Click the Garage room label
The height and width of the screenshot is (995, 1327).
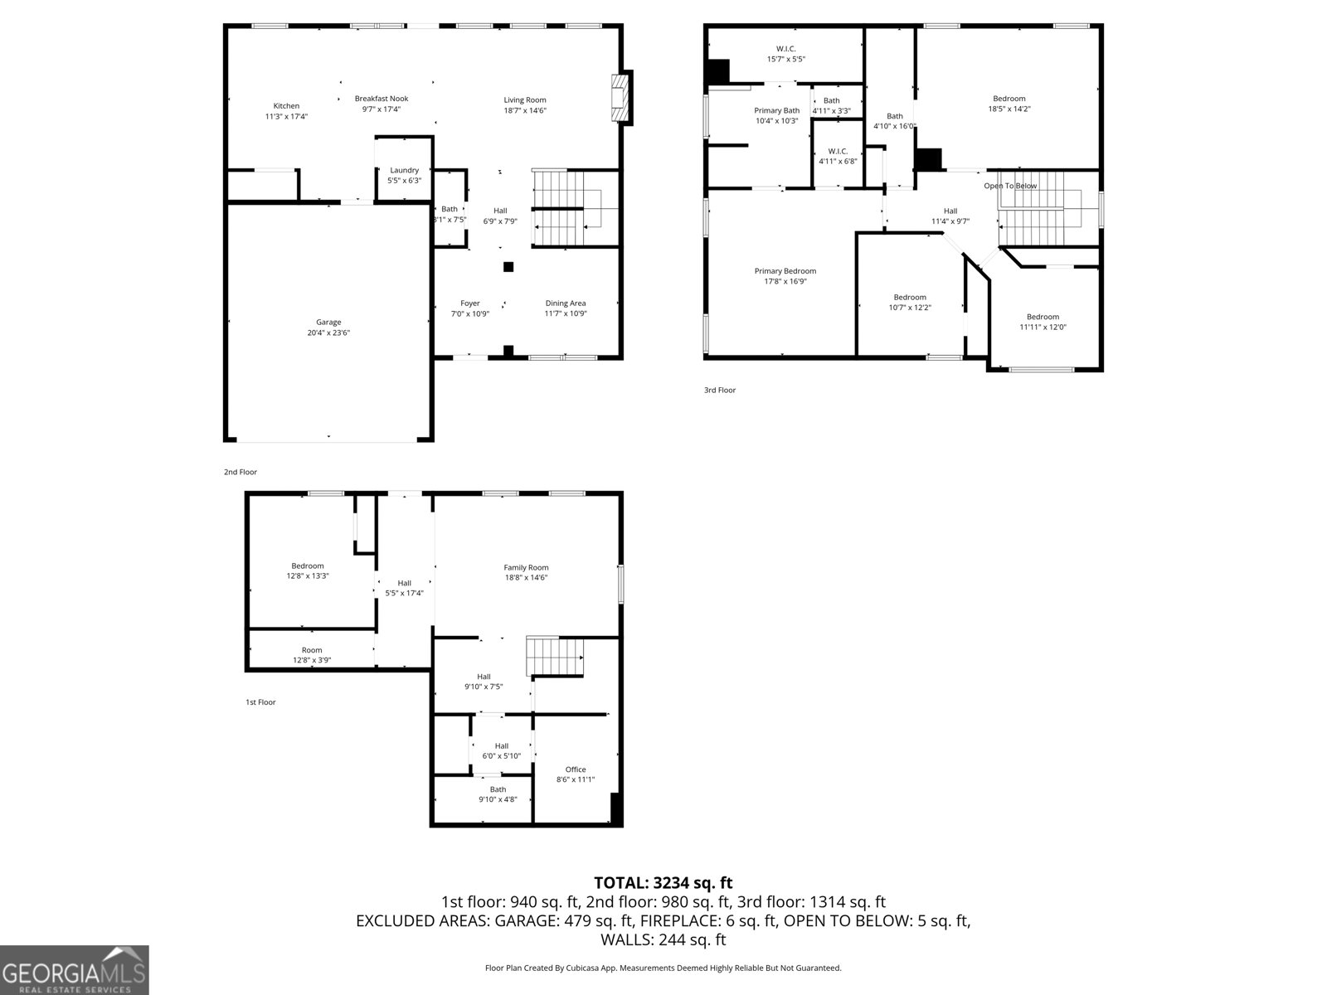click(x=328, y=322)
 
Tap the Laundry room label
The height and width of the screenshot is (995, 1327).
click(x=404, y=170)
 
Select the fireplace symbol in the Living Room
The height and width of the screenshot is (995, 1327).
click(x=620, y=98)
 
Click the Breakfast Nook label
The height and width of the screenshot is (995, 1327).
click(x=382, y=98)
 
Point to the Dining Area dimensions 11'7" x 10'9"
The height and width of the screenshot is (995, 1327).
click(x=566, y=313)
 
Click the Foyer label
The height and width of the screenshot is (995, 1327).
click(x=470, y=303)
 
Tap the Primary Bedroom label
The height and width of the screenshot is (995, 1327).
click(x=785, y=271)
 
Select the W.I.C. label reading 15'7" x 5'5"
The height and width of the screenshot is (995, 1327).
click(x=785, y=59)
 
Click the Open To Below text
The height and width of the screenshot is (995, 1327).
click(x=1010, y=186)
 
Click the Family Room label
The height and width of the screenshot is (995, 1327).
click(x=526, y=567)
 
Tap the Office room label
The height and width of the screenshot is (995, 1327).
click(x=576, y=769)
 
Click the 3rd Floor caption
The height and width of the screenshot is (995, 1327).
click(x=720, y=390)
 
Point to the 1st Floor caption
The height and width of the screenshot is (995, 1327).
click(x=260, y=702)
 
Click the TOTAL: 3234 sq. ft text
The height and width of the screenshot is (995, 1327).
click(x=663, y=883)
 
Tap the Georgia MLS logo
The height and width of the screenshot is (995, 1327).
click(x=74, y=969)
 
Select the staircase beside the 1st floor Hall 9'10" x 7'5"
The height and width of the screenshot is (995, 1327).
click(x=555, y=657)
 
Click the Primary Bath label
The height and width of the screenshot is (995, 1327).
click(x=776, y=110)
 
